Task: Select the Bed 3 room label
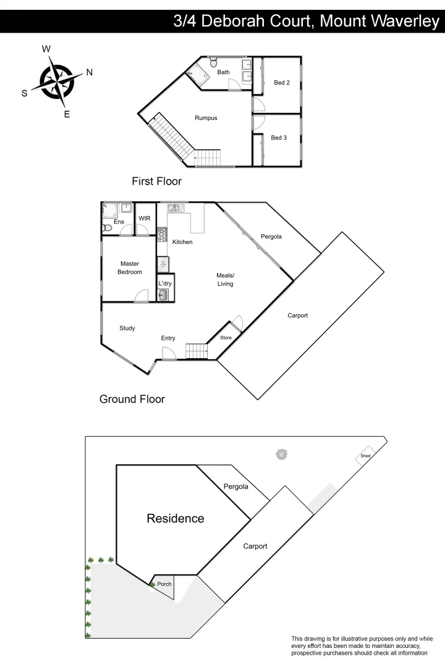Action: (279, 138)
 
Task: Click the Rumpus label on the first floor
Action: (206, 118)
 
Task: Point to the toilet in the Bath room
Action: (213, 62)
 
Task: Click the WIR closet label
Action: (145, 219)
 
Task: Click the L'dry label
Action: (165, 283)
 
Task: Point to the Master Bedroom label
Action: (130, 268)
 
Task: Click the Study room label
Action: (127, 328)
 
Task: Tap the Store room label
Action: (226, 338)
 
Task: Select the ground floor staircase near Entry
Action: (198, 351)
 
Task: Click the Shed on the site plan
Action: (366, 456)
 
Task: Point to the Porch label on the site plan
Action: (164, 584)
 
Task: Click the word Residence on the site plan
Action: (175, 519)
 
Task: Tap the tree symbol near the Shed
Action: (282, 455)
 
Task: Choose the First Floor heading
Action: (156, 182)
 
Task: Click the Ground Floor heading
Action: (132, 399)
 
